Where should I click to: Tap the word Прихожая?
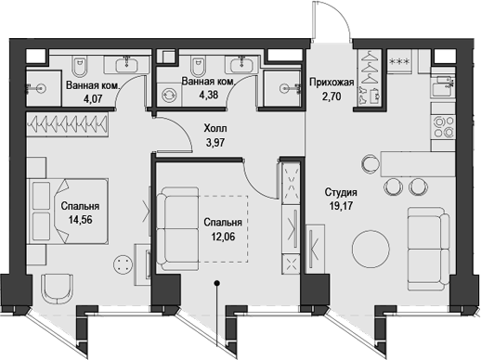pos(329,81)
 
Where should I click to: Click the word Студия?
pos(342,192)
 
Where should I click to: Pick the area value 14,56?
pos(80,222)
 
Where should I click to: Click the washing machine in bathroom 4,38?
pos(170,95)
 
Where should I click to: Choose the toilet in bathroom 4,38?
pos(197,66)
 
